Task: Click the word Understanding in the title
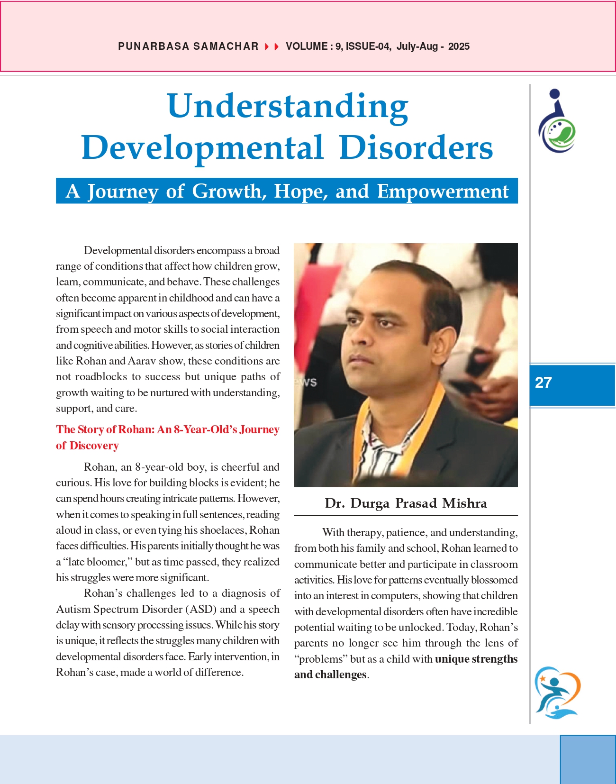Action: point(288,106)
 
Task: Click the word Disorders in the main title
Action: point(416,147)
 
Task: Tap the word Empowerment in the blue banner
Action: point(443,191)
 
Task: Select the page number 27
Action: point(543,383)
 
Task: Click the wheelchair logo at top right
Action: point(557,121)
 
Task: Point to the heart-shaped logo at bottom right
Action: point(557,692)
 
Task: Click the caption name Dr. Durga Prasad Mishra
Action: point(406,503)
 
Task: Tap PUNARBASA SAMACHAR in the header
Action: point(188,46)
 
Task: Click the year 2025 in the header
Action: point(459,46)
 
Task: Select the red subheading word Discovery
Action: point(94,446)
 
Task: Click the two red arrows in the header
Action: point(272,46)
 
